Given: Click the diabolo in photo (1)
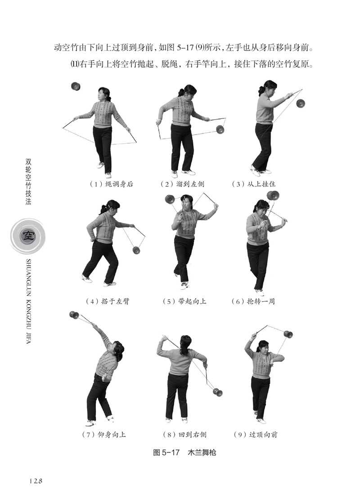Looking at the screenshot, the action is coord(76,86).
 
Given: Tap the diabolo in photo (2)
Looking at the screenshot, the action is coord(220,129).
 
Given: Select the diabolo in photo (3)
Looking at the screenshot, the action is coord(301,104).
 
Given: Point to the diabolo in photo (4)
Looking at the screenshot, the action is coord(136,250).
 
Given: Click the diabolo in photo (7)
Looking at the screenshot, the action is coord(74,315).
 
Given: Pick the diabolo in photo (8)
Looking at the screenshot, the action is coord(217,392).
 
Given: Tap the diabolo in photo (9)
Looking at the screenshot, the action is coord(288,334).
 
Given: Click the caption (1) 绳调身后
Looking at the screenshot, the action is coord(112,184).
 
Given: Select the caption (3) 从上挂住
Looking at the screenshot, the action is coord(254,184).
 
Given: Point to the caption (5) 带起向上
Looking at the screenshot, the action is coord(184,301).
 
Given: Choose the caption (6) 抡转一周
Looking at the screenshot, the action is coord(253,301).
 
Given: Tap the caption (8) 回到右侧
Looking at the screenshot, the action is coord(184,435).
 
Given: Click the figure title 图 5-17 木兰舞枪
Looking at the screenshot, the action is coord(184,453).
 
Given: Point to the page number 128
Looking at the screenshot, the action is coord(36,481).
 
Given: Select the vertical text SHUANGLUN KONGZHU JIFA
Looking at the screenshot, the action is coord(28,302).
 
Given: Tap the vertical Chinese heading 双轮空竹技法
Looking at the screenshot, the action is coord(28,182).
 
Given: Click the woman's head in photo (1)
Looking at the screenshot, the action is coord(105,94).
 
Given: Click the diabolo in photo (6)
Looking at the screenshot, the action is coord(273,195).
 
